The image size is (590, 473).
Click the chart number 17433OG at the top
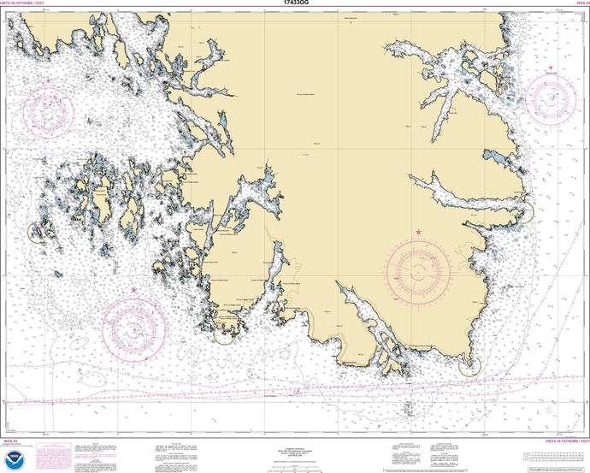(x=295, y=4)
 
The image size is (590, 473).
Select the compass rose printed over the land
(x=418, y=273)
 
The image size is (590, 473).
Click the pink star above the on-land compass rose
(x=418, y=232)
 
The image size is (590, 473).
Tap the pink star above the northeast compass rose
(x=551, y=67)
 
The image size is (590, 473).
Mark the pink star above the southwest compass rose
(x=134, y=291)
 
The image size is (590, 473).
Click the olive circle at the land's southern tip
(x=469, y=367)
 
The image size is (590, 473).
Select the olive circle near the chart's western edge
(x=38, y=232)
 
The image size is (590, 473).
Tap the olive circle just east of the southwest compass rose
(x=223, y=333)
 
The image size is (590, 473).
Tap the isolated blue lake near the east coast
(x=496, y=157)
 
